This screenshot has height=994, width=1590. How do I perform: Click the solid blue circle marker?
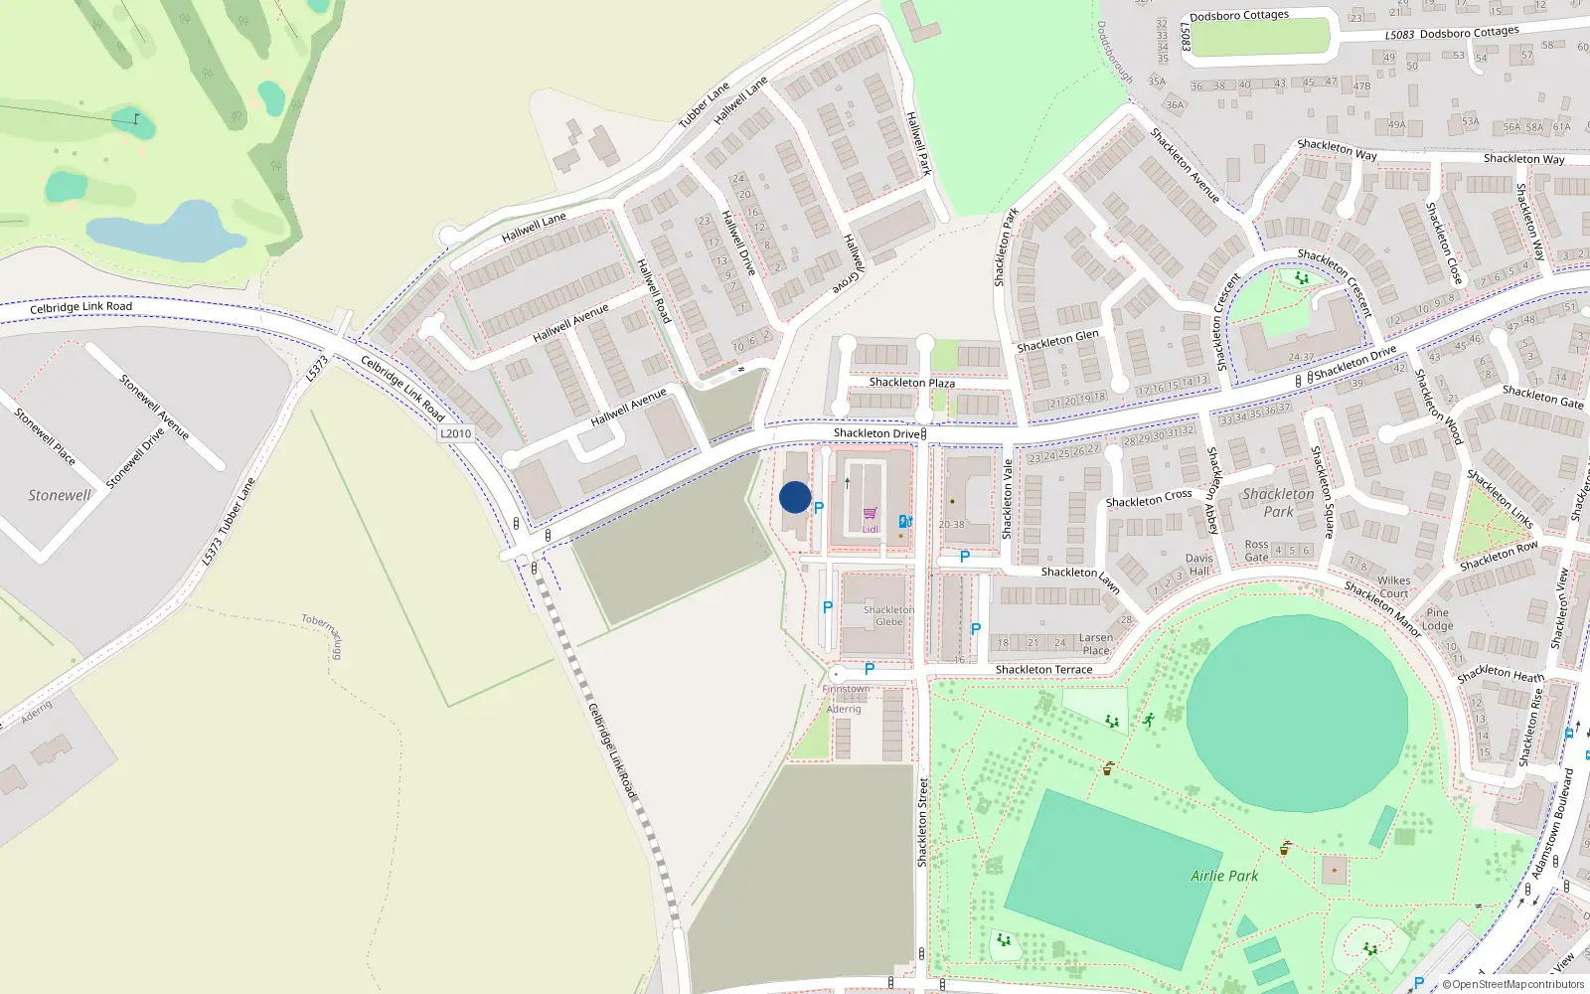[x=795, y=497]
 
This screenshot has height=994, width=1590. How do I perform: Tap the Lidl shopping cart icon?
[x=871, y=514]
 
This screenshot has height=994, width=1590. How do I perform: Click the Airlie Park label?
[x=1224, y=876]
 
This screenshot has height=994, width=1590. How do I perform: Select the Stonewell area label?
[x=59, y=495]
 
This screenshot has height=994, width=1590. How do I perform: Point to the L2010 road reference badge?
[x=455, y=433]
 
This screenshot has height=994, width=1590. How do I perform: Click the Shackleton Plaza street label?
[x=911, y=383]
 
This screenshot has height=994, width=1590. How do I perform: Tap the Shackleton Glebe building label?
[x=888, y=615]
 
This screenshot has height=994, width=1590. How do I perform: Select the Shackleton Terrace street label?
[x=1043, y=670]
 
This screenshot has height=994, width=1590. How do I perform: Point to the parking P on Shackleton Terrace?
[x=870, y=670]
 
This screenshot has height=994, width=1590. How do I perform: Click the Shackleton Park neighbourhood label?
[x=1278, y=502]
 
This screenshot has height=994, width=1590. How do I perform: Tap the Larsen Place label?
[x=1096, y=644]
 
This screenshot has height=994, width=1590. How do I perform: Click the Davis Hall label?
[x=1198, y=565]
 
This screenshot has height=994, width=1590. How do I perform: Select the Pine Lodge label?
[x=1437, y=619]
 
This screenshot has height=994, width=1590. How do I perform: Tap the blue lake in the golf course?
[x=164, y=231]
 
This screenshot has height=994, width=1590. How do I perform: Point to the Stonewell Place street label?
[x=44, y=435]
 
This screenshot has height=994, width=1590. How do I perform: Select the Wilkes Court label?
[x=1393, y=586]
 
